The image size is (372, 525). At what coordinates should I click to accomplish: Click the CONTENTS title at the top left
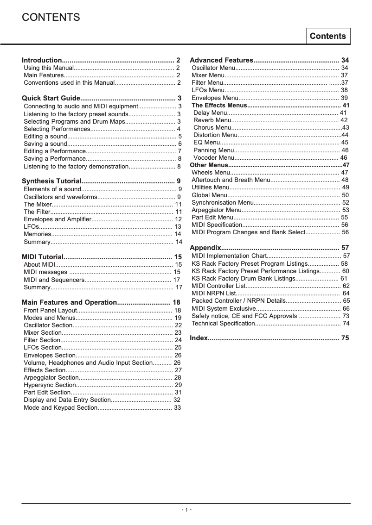coord(51,18)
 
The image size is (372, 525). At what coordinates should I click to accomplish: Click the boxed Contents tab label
coord(327,36)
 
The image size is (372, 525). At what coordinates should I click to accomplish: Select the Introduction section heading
coord(42,60)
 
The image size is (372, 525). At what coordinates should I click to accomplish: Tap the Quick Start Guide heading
coord(51,98)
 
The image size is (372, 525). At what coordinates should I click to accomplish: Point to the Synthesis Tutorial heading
coord(52,181)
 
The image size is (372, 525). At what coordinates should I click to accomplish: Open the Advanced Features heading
coord(221,60)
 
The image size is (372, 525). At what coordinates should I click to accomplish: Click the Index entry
coord(199,338)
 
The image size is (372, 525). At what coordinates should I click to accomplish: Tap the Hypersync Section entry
coord(49,385)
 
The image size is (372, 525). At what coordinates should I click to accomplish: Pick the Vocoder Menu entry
coord(214,157)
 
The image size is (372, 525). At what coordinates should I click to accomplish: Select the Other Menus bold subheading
coord(208,165)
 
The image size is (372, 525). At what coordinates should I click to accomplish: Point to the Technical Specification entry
coord(223,323)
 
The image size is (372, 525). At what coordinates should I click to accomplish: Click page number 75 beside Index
coord(345,338)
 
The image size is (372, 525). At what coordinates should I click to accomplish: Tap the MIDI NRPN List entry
coord(214,293)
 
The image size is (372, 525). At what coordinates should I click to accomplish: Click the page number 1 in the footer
coord(186,510)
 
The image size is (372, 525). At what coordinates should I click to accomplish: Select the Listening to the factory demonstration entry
coord(76,166)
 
